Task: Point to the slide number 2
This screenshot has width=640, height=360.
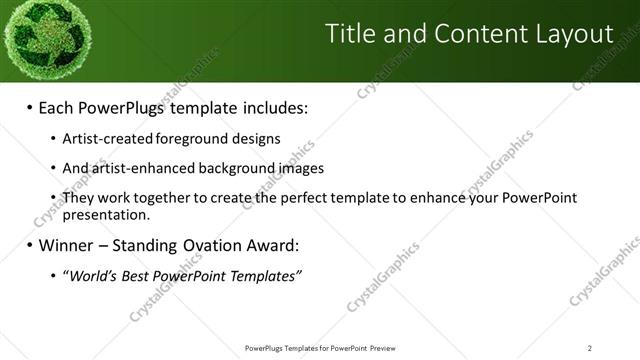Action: (x=590, y=348)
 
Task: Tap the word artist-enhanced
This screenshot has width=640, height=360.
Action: (x=138, y=168)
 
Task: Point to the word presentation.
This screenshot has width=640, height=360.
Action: (x=105, y=214)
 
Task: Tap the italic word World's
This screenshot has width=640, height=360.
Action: (x=91, y=276)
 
